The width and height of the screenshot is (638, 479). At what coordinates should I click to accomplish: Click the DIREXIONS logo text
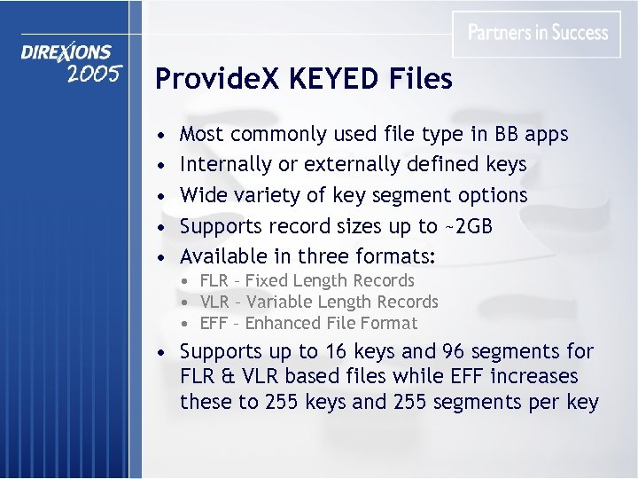tap(67, 53)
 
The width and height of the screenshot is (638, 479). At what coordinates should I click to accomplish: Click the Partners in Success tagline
tap(538, 33)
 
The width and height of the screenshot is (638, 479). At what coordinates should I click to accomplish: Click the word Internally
tap(224, 164)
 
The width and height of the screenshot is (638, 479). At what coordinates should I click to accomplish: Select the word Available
tap(223, 256)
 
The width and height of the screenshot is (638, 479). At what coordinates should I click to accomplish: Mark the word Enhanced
tap(284, 324)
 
